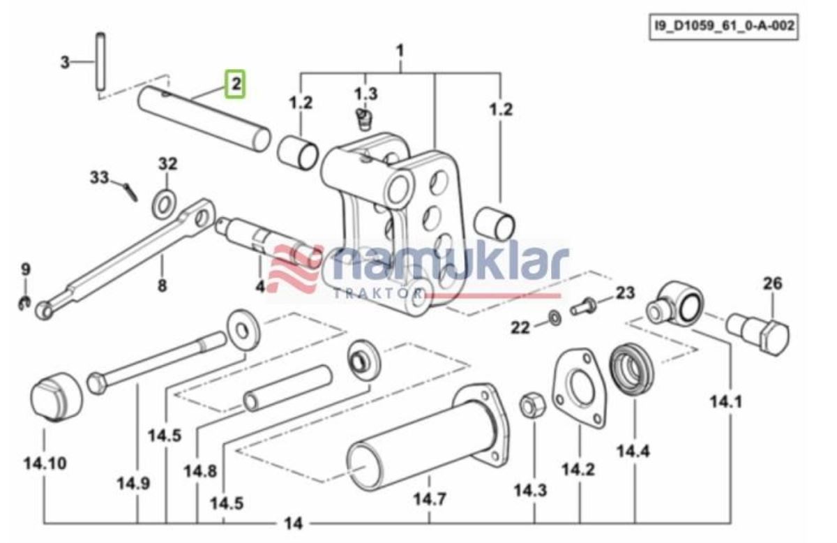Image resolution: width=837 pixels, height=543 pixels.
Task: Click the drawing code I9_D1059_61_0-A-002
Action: click(x=723, y=27)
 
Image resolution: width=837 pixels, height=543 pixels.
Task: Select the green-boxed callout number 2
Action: click(x=236, y=84)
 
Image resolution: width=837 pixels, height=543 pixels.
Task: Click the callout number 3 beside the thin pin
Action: click(x=65, y=63)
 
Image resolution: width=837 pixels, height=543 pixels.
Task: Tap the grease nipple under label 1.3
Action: click(x=363, y=118)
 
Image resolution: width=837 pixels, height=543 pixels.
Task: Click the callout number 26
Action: click(x=772, y=283)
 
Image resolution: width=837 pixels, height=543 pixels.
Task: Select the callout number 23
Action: click(x=625, y=292)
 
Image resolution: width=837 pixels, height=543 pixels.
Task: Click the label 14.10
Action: click(x=45, y=463)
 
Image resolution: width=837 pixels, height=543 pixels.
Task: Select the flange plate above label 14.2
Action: click(x=579, y=386)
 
